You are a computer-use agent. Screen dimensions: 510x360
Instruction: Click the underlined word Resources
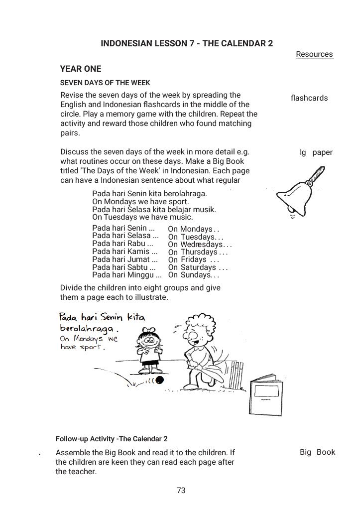[314, 54]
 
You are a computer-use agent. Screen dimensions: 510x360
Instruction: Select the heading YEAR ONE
[81, 69]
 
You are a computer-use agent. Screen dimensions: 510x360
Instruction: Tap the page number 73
[181, 491]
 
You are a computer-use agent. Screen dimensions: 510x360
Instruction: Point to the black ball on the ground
[159, 380]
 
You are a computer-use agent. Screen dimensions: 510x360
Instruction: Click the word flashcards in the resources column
[309, 98]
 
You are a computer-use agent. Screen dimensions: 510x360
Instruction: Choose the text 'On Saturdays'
[192, 267]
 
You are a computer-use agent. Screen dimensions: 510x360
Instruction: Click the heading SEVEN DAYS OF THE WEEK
[105, 83]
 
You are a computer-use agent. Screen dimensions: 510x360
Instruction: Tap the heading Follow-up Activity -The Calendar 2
[112, 439]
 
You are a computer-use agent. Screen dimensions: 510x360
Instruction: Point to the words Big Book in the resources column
[317, 452]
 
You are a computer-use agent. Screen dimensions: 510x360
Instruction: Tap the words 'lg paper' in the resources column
[316, 152]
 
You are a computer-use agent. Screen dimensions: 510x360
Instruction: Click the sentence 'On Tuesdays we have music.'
[142, 217]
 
